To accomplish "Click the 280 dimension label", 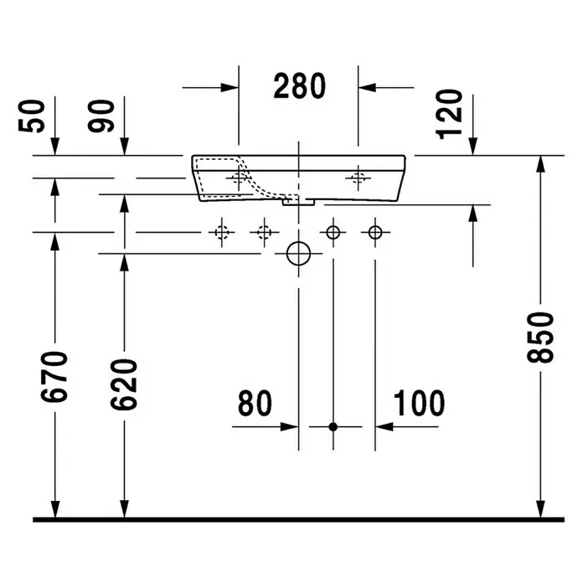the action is tap(300, 86).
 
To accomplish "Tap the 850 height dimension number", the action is tap(540, 338).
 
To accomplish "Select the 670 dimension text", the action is tap(54, 377).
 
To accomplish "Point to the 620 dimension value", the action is tap(124, 384).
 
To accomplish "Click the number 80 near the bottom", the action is tap(255, 404).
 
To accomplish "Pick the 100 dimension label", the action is tap(419, 404).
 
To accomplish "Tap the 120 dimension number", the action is tap(449, 115).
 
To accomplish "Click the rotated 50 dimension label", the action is tap(31, 116).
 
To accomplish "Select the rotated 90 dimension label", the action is tap(101, 116).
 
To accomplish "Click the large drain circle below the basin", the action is tap(298, 254).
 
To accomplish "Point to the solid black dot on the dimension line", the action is tap(333, 427).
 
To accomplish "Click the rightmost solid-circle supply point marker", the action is tap(375, 233).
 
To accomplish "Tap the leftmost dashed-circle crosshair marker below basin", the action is tap(222, 233).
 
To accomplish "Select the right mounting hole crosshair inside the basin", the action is tap(358, 178).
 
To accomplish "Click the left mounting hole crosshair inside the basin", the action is tap(239, 178).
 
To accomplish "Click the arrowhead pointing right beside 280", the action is tap(230, 88).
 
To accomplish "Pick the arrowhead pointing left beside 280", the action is tap(368, 88).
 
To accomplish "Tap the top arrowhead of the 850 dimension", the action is tap(540, 164).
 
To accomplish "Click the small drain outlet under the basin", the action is tap(298, 202).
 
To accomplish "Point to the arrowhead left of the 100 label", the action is tap(384, 427).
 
